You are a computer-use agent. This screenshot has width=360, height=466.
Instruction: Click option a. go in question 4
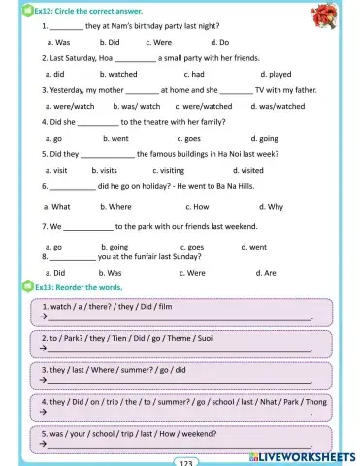[x=52, y=139]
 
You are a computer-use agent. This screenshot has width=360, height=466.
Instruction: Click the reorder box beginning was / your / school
[x=181, y=438]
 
